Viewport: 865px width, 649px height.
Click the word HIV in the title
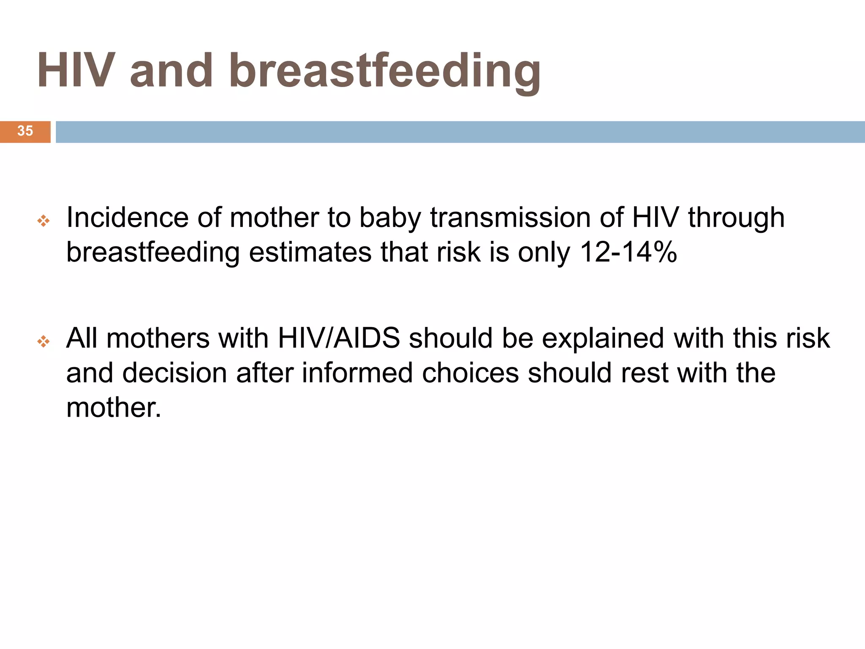(x=76, y=71)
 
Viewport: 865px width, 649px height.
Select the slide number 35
(x=25, y=131)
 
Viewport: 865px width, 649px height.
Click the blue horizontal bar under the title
(x=460, y=132)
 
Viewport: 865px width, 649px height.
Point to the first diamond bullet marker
(x=44, y=221)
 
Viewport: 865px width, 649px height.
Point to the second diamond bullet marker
(x=44, y=341)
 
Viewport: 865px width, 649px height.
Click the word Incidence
(x=127, y=218)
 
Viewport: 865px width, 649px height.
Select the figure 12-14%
(x=628, y=253)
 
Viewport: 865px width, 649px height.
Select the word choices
(x=470, y=373)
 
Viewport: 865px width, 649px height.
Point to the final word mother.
(x=113, y=408)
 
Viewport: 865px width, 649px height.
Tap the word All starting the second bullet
(x=82, y=338)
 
